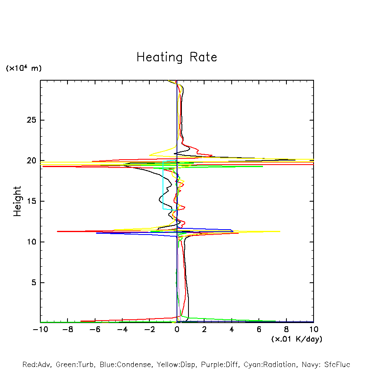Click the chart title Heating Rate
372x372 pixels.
coord(177,57)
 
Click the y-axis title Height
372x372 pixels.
coord(17,201)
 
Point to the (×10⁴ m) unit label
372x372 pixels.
coord(23,68)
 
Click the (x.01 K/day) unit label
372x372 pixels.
coord(296,339)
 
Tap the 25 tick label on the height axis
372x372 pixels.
coord(33,120)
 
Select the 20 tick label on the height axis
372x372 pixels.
coord(33,161)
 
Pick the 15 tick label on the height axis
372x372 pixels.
coord(33,201)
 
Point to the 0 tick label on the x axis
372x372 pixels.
coord(177,330)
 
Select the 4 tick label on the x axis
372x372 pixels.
coord(232,330)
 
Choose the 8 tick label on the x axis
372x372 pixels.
coord(286,330)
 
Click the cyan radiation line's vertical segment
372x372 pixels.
coord(163,185)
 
